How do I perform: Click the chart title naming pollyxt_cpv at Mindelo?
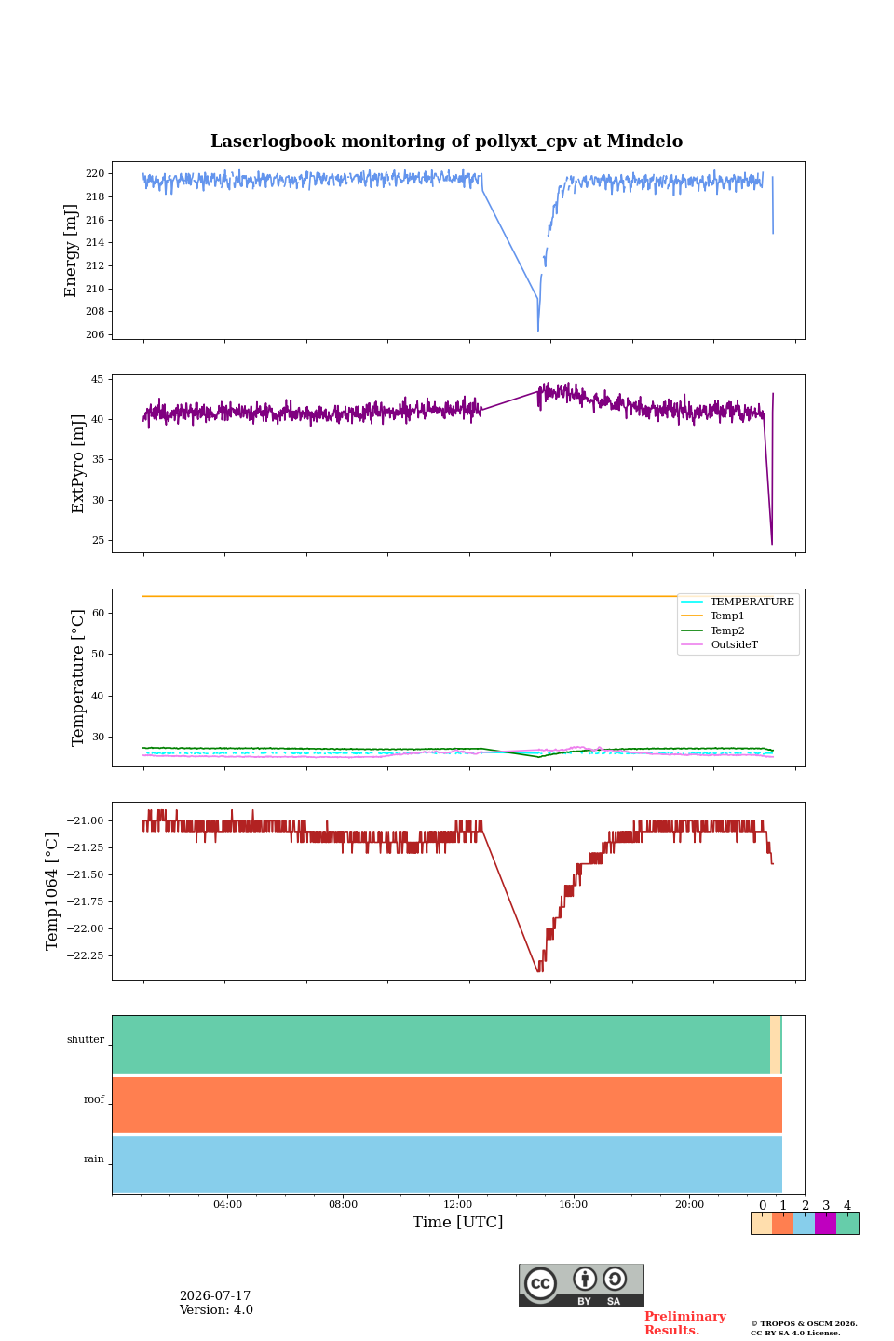pyautogui.click(x=446, y=142)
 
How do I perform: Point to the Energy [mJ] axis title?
pyautogui.click(x=71, y=251)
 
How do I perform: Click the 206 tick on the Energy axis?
pyautogui.click(x=95, y=334)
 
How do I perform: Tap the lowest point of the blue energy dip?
pyautogui.click(x=537, y=330)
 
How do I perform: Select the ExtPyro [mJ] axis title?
pyautogui.click(x=78, y=464)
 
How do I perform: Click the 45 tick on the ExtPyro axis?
pyautogui.click(x=97, y=379)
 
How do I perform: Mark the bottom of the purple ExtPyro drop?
pyautogui.click(x=772, y=544)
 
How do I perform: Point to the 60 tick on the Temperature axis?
pyautogui.click(x=97, y=613)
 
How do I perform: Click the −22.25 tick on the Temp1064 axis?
pyautogui.click(x=85, y=955)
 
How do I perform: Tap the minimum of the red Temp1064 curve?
pyautogui.click(x=539, y=970)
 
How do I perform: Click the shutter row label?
pyautogui.click(x=86, y=1039)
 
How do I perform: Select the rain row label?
pyautogui.click(x=94, y=1158)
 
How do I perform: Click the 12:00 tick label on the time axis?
pyautogui.click(x=458, y=1204)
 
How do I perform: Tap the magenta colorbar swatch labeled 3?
pyautogui.click(x=825, y=1223)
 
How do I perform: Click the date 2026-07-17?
pyautogui.click(x=215, y=1295)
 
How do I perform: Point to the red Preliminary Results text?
pyautogui.click(x=685, y=1322)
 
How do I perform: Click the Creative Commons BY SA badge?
pyautogui.click(x=581, y=1285)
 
